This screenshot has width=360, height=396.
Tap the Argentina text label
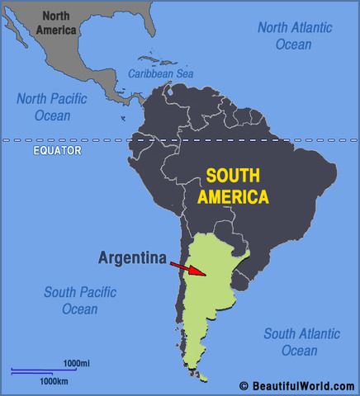(133, 257)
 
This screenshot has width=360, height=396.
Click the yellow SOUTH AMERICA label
(237, 186)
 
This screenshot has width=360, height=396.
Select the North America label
(56, 23)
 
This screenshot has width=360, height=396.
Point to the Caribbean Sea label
(163, 73)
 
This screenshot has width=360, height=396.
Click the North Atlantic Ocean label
(296, 35)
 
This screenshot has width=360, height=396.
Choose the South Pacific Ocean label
(80, 300)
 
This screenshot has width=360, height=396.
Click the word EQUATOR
(58, 151)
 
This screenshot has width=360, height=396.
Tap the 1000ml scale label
(76, 363)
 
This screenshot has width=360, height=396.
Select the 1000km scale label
(53, 380)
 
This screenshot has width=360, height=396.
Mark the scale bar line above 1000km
(37, 373)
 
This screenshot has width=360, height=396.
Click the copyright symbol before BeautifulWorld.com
(244, 385)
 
